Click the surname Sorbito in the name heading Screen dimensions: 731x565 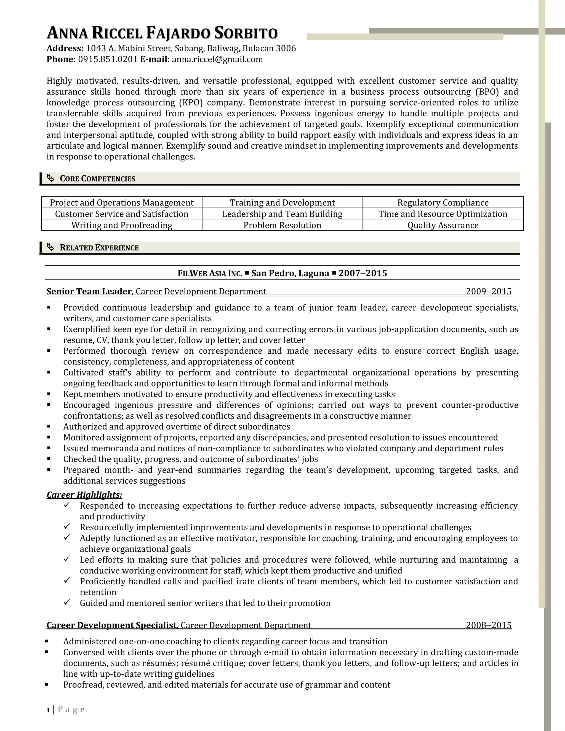[x=246, y=33]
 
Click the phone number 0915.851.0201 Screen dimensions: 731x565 [x=108, y=59]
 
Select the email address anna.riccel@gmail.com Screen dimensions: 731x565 [x=217, y=59]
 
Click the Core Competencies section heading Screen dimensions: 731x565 [x=97, y=179]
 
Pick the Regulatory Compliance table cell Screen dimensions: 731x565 [x=443, y=202]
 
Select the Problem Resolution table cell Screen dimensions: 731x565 [x=282, y=225]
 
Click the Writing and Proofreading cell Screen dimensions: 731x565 [x=121, y=225]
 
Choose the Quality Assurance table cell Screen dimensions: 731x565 [x=443, y=225]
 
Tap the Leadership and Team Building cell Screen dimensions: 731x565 [x=282, y=214]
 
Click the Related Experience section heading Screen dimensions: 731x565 [x=99, y=248]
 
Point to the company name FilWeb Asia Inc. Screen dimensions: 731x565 [x=210, y=273]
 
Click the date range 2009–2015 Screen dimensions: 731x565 [x=488, y=292]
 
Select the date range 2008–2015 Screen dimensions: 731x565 [x=488, y=625]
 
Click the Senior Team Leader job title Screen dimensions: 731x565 [x=89, y=292]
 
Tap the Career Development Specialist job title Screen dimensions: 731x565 [x=111, y=625]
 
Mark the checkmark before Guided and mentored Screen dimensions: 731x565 [x=66, y=602]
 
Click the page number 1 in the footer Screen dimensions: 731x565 [x=48, y=709]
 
